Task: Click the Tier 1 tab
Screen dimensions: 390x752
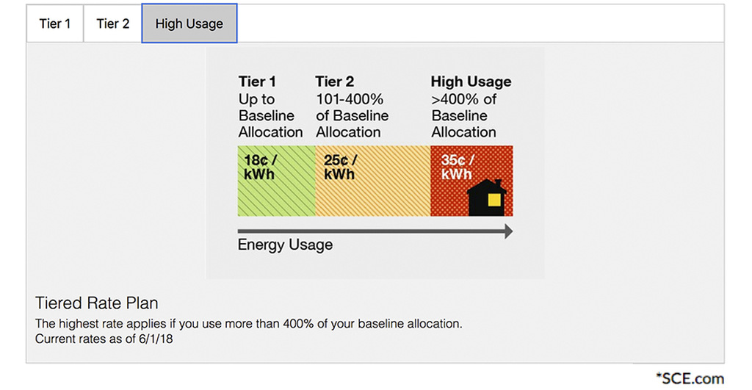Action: (55, 24)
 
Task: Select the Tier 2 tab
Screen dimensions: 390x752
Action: (112, 24)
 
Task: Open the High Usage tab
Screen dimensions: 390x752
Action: (189, 24)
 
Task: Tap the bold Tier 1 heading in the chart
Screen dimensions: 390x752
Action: (257, 82)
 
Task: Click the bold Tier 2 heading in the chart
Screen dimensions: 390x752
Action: (334, 82)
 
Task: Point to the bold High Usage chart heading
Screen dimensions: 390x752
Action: (471, 82)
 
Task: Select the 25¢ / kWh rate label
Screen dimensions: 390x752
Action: (339, 167)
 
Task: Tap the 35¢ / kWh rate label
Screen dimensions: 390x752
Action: (457, 167)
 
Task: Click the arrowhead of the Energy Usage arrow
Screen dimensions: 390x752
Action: (507, 231)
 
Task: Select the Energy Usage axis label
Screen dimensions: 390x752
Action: (285, 245)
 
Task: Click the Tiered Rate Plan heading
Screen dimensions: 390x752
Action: (96, 303)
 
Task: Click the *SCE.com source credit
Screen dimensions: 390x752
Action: (690, 378)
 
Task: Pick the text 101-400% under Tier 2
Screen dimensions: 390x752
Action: (350, 99)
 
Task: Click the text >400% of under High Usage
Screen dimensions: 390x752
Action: (463, 99)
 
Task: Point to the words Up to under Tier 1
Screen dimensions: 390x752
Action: (256, 99)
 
